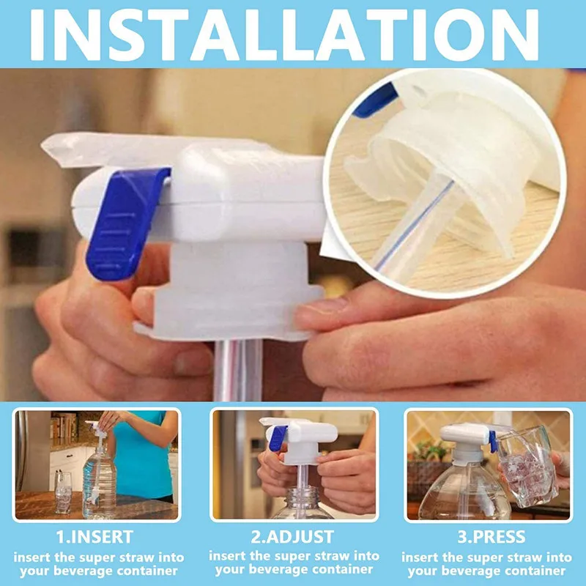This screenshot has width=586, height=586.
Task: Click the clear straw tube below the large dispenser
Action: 238,370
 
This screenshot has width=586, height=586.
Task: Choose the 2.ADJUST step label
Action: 293,537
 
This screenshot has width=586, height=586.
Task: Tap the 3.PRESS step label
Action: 488,537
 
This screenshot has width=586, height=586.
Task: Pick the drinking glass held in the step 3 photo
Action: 527,469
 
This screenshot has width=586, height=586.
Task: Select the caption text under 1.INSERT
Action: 100,564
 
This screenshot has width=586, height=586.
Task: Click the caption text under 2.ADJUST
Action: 293,564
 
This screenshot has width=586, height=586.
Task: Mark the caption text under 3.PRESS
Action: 488,564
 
